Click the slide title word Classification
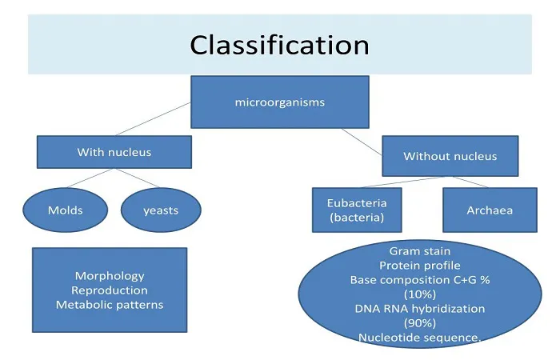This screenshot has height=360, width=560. click(x=280, y=45)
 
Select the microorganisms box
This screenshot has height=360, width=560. click(x=280, y=102)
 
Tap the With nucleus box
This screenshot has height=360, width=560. click(x=114, y=152)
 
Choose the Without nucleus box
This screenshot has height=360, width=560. click(x=450, y=156)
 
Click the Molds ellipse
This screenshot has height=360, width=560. click(x=66, y=210)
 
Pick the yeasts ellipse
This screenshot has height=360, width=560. click(x=161, y=210)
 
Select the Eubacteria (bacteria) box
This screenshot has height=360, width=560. click(x=357, y=210)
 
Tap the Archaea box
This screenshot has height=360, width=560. click(x=490, y=210)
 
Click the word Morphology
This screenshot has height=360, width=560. click(x=110, y=276)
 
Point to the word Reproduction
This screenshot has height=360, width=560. click(x=110, y=290)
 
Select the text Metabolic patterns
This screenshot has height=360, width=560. click(x=110, y=305)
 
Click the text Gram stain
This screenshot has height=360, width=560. click(x=420, y=251)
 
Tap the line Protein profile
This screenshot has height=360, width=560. click(x=420, y=266)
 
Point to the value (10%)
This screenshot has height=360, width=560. click(x=420, y=294)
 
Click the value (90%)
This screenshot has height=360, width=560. click(x=420, y=323)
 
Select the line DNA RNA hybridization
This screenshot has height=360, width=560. click(x=420, y=309)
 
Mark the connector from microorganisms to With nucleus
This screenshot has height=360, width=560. click(x=153, y=119)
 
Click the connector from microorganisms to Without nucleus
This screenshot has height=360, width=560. click(x=362, y=142)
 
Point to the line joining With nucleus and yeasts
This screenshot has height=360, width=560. click(x=138, y=178)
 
